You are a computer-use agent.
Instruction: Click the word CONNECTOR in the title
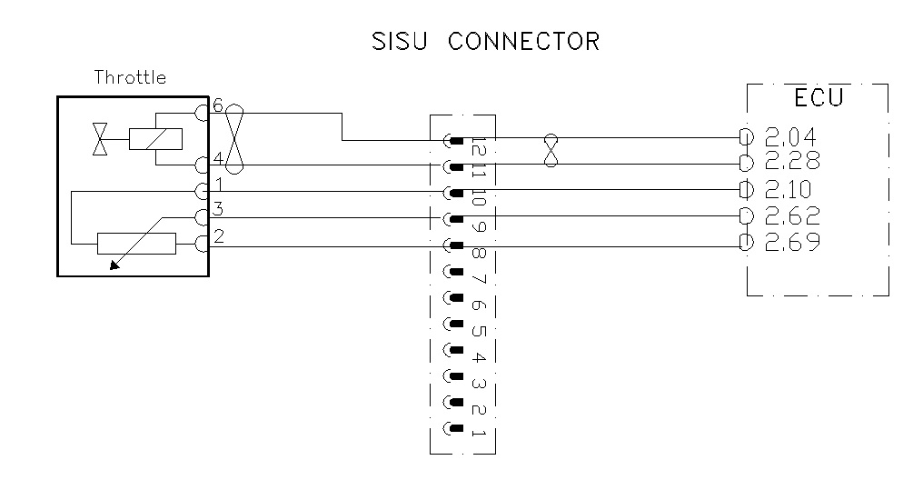(522, 42)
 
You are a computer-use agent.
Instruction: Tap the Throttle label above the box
(131, 77)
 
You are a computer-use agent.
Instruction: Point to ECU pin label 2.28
(791, 162)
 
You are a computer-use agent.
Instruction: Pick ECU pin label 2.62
(791, 216)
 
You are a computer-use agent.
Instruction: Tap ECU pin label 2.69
(791, 243)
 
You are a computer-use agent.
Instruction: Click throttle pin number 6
(218, 105)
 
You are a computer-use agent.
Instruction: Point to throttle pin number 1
(218, 184)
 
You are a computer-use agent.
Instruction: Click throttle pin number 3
(218, 211)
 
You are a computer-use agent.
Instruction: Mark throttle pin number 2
(218, 237)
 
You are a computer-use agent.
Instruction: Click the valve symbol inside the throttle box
(100, 139)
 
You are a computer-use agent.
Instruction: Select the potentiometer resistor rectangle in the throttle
(135, 244)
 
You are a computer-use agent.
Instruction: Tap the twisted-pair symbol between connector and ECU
(549, 151)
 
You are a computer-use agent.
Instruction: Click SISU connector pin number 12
(479, 145)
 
